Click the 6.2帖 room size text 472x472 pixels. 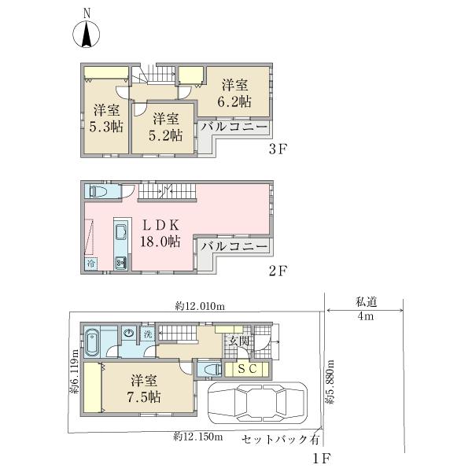(235, 93)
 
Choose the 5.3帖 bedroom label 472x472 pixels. (106, 117)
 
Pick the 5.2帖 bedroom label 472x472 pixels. (165, 127)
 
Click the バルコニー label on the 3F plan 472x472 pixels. (234, 126)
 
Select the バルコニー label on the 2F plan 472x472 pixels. (234, 247)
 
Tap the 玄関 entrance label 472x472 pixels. (238, 341)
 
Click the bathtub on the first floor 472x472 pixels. (91, 343)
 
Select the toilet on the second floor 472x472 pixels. (98, 191)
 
